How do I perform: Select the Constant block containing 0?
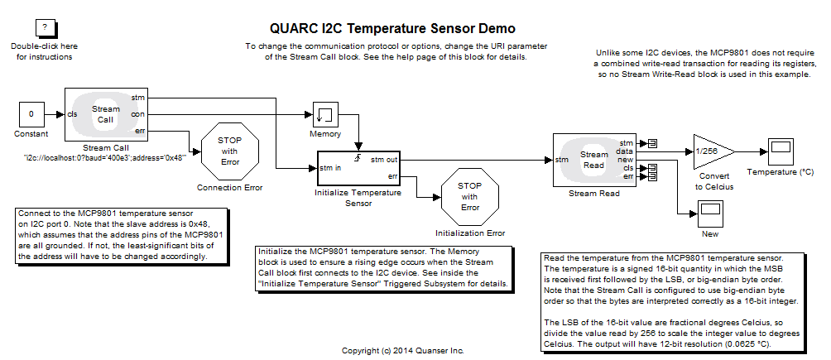tap(31, 113)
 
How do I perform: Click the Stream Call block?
tap(105, 114)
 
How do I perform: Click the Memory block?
tap(325, 115)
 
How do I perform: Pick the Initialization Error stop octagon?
tap(469, 196)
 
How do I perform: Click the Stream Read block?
tap(593, 160)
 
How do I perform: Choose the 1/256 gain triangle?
tap(710, 151)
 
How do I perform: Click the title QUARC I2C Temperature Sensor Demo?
tap(392, 29)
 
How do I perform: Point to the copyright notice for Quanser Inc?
tap(402, 351)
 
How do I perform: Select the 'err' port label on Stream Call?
tap(139, 130)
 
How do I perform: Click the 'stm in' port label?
tap(331, 168)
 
